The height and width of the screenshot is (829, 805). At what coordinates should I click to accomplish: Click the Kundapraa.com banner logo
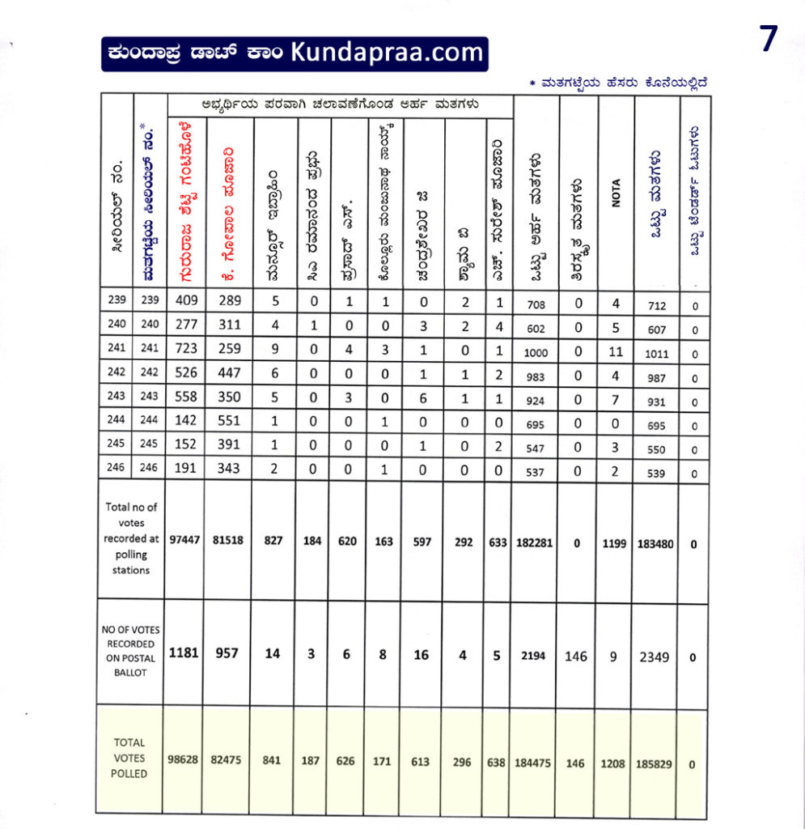294,54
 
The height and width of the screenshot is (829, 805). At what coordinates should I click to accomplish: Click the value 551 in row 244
229,423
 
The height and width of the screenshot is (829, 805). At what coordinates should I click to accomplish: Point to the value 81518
229,541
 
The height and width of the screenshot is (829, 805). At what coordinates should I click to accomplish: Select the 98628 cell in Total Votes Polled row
182,763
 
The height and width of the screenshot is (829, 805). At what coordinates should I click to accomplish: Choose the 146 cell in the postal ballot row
576,657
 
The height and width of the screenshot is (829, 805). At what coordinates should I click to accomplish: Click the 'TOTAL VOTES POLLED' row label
129,758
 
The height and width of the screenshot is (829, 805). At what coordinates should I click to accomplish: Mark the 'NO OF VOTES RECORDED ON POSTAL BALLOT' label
129,652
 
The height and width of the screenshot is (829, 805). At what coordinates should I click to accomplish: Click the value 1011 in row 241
657,353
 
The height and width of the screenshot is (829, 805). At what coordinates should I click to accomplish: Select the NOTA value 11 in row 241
616,352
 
